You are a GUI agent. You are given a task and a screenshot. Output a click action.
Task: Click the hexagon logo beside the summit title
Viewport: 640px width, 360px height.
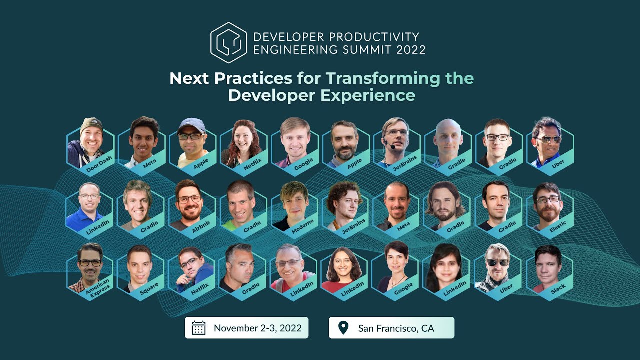pyautogui.click(x=228, y=43)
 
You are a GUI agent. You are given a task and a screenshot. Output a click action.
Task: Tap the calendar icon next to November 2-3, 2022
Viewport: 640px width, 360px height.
pyautogui.click(x=199, y=328)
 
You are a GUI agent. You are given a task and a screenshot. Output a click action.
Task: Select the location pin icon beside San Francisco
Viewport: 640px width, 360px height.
pyautogui.click(x=343, y=328)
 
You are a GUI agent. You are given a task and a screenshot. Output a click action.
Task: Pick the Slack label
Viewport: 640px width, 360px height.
pyautogui.click(x=558, y=287)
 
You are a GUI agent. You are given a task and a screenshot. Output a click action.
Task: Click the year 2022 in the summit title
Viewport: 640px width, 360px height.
pyautogui.click(x=411, y=49)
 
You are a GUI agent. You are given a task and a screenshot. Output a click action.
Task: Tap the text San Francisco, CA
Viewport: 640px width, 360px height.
pyautogui.click(x=396, y=328)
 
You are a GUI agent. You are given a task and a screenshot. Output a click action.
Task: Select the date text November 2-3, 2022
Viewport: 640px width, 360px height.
pyautogui.click(x=257, y=328)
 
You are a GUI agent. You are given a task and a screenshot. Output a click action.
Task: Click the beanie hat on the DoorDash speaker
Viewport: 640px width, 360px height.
pyautogui.click(x=91, y=124)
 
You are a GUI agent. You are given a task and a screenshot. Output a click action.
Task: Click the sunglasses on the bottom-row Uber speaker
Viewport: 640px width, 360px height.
pyautogui.click(x=498, y=262)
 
